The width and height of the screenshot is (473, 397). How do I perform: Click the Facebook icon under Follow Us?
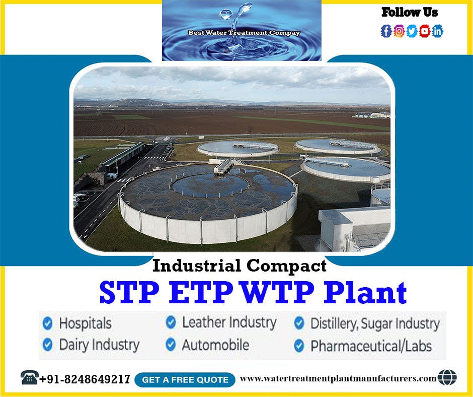(386, 31)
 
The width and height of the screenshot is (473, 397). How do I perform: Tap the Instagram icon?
(399, 31)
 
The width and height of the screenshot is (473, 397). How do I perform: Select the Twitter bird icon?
(412, 31)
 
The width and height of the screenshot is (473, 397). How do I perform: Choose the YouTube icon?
(425, 31)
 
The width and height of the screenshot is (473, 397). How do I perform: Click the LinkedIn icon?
(438, 31)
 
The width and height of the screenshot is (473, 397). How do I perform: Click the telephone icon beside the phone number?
(30, 377)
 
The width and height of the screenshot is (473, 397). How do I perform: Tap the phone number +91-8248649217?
(85, 379)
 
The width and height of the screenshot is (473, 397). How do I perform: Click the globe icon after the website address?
(447, 377)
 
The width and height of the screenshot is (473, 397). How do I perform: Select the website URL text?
(338, 378)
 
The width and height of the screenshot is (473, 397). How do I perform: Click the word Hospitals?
(85, 323)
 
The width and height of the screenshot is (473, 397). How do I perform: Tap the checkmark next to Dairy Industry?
(48, 345)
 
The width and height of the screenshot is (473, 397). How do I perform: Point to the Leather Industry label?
(229, 322)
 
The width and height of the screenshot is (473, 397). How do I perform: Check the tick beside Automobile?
(171, 345)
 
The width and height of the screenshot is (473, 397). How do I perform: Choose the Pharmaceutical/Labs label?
(371, 346)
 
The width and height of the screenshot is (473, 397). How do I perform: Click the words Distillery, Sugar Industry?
(375, 323)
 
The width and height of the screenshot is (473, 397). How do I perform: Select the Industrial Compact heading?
(240, 266)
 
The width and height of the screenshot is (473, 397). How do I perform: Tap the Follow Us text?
(410, 12)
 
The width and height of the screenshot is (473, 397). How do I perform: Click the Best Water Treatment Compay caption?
(244, 33)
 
